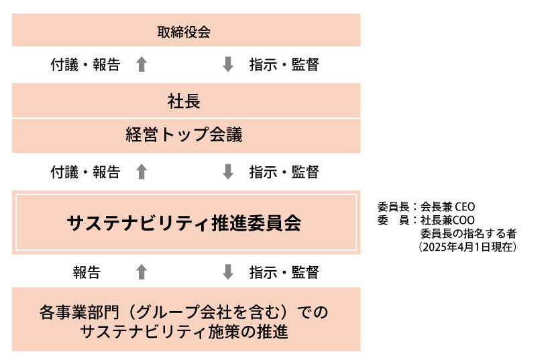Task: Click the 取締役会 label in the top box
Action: [x=184, y=32]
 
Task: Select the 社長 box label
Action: [x=184, y=101]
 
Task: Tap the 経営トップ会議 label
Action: [x=184, y=135]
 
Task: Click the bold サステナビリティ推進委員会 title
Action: [x=184, y=223]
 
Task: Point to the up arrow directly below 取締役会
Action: [x=142, y=64]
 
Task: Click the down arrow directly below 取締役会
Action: [x=228, y=64]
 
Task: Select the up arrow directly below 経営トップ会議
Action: [x=142, y=172]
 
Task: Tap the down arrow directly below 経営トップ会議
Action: [x=228, y=172]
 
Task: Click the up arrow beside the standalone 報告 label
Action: [x=142, y=272]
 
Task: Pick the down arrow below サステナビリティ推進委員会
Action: [x=228, y=272]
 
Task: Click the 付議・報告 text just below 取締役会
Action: [x=85, y=65]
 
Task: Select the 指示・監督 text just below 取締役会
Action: [x=284, y=65]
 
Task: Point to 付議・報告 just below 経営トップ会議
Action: [x=85, y=172]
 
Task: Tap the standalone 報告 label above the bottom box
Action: [x=87, y=272]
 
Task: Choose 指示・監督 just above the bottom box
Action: [x=284, y=272]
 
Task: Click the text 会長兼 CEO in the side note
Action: [x=447, y=206]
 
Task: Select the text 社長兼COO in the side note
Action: [x=447, y=220]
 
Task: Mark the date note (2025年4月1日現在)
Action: [x=467, y=247]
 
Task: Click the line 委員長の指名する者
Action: [x=468, y=233]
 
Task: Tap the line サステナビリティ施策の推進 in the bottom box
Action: [x=184, y=332]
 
